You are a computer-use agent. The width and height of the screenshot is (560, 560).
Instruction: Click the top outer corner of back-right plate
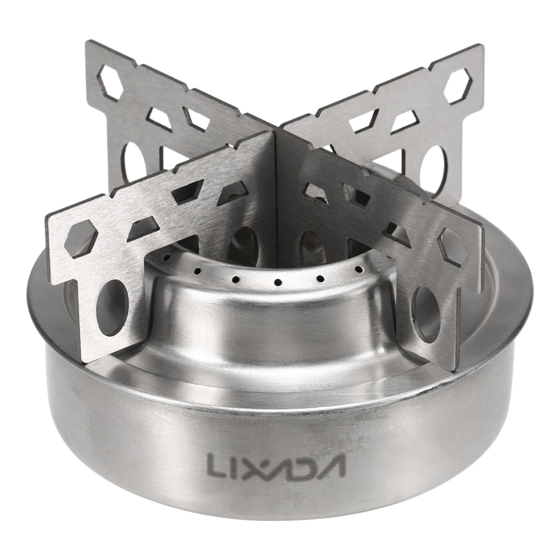[481, 49]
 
